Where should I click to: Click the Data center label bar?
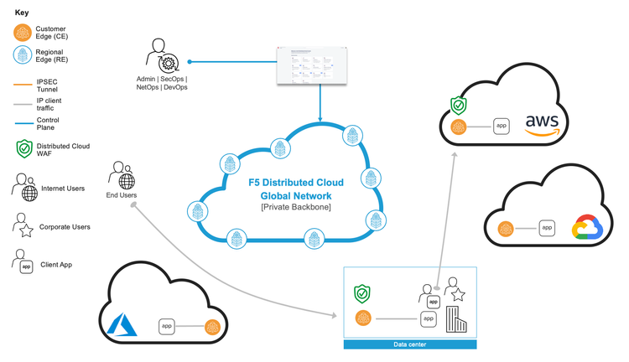(410, 344)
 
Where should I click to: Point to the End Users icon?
(122, 178)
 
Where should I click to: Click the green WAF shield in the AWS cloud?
(458, 106)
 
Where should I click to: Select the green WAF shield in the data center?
(362, 294)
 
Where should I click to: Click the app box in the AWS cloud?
(502, 126)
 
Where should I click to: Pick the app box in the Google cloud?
(547, 227)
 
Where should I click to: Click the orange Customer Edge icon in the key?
(23, 34)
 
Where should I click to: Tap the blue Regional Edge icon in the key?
(23, 56)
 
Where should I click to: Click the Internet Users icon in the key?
(26, 188)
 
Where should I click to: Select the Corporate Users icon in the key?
(24, 225)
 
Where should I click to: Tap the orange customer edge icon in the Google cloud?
(505, 228)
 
